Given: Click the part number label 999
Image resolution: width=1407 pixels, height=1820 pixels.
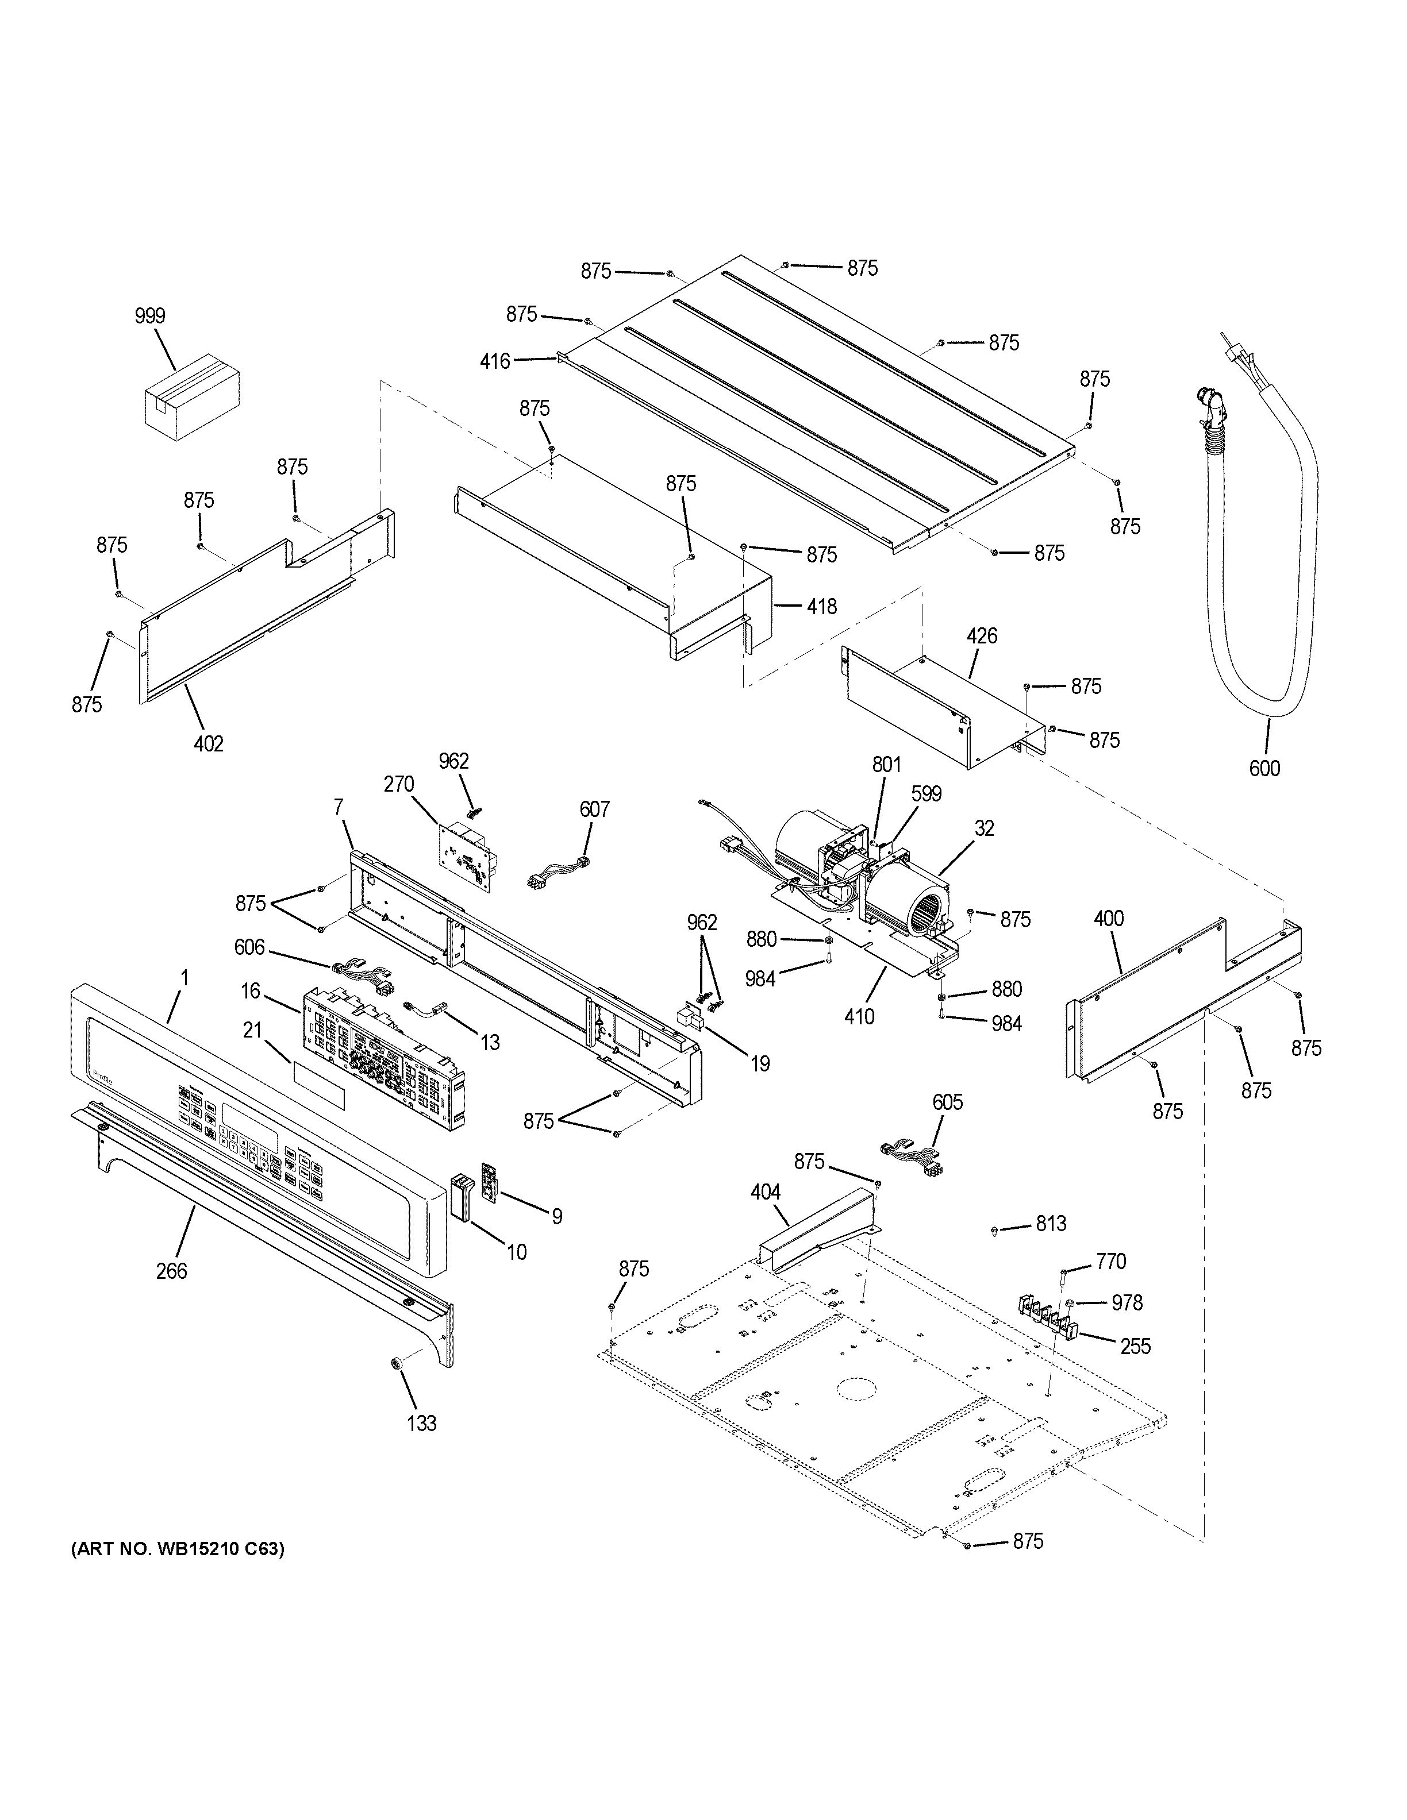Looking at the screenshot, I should [150, 316].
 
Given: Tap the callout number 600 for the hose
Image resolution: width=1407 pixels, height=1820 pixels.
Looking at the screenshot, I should [1264, 768].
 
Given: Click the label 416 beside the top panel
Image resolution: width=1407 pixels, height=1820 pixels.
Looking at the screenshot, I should [495, 362].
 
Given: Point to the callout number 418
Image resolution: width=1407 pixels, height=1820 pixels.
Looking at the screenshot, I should [822, 607].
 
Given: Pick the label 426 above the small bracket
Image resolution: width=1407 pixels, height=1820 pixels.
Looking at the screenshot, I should [982, 637].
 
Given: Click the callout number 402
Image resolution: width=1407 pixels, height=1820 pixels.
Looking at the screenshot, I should [209, 743].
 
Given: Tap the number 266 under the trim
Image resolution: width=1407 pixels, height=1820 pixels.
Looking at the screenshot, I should [172, 1271].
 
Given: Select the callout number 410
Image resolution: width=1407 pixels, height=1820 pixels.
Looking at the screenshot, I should [859, 1017].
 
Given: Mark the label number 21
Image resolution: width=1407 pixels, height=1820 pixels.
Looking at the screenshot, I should [252, 1031].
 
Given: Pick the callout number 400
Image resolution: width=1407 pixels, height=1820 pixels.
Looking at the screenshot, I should [1109, 919].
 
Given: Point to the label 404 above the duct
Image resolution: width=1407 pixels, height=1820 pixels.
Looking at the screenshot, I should [765, 1193].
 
